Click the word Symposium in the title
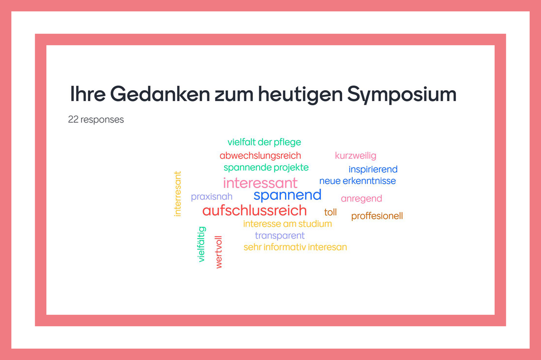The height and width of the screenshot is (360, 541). coord(402,95)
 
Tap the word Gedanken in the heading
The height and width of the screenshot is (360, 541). coord(160,94)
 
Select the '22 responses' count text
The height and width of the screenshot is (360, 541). coord(96,120)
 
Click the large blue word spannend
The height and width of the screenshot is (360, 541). coord(288,195)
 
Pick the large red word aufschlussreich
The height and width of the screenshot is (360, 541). coord(255,210)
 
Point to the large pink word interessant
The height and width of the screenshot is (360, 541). coord(260,183)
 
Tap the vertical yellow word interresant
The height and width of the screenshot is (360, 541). coord(178,194)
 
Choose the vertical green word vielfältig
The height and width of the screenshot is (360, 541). coord(202,244)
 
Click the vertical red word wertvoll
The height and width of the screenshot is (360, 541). coord(218,252)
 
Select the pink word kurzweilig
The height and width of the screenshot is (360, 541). coord(356,156)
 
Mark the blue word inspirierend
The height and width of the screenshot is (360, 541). coord(373,169)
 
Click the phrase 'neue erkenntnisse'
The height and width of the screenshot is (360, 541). coord(358,181)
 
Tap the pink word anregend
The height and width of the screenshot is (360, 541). coord(361,199)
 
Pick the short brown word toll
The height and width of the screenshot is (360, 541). coord(330,212)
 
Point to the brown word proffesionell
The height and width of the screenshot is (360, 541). coord(377,216)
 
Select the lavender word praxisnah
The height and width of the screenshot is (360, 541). coord(211,197)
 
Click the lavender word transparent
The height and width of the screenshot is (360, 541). coord(280,236)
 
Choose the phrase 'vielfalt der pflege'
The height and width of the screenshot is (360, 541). coord(264,142)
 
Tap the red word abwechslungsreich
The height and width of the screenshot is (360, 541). coord(261,156)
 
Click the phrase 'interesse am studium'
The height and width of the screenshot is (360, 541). coord(288,224)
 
